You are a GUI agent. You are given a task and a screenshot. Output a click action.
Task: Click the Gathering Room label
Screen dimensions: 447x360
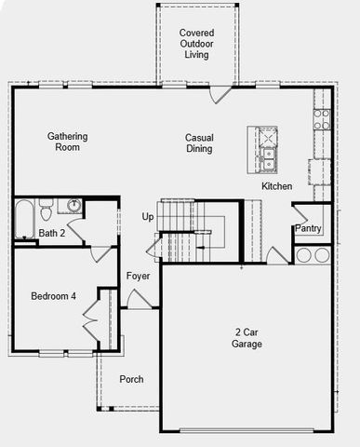click(68, 142)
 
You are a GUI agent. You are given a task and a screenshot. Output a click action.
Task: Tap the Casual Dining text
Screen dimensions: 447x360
click(199, 142)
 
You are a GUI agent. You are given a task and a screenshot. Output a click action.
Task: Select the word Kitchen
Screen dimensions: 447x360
click(276, 187)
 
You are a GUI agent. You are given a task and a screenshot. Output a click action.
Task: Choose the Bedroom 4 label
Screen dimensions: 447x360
click(53, 296)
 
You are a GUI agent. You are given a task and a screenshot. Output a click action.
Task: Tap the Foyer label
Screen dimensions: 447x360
click(139, 277)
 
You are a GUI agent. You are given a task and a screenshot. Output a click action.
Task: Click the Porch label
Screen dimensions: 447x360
click(131, 379)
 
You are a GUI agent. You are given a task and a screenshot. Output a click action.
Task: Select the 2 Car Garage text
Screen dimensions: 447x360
click(247, 338)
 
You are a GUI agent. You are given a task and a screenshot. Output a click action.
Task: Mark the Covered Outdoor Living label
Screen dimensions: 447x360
click(196, 44)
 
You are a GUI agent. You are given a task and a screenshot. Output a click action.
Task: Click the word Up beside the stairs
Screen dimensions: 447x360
click(147, 217)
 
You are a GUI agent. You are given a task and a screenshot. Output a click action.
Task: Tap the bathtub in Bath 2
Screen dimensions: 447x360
click(24, 220)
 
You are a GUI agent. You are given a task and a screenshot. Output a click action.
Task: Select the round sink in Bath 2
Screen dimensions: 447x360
click(73, 205)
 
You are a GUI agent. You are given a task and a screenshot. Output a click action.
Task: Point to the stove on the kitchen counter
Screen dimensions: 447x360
click(321, 119)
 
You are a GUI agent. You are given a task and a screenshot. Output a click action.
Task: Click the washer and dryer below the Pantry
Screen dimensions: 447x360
click(313, 254)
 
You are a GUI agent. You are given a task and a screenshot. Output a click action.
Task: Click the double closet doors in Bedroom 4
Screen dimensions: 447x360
click(91, 321)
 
